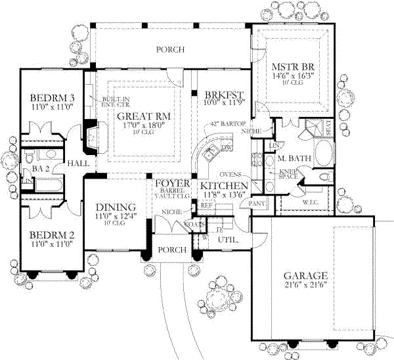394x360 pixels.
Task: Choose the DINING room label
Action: (x=112, y=206)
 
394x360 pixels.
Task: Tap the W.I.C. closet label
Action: (x=310, y=202)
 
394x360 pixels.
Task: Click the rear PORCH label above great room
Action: (x=169, y=50)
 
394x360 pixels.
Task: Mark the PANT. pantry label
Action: (x=257, y=204)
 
